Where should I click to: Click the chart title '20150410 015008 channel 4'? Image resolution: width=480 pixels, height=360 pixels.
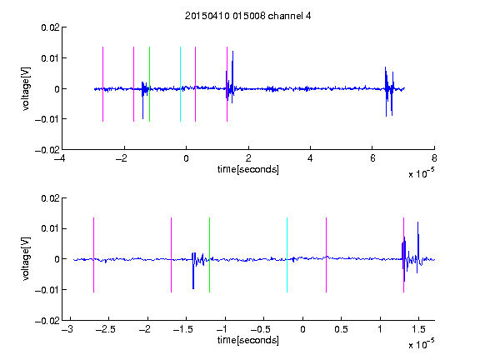pyautogui.click(x=248, y=16)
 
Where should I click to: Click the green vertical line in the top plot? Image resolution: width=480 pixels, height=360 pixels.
pyautogui.click(x=149, y=84)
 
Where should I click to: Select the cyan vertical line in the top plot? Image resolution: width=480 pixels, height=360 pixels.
pyautogui.click(x=180, y=84)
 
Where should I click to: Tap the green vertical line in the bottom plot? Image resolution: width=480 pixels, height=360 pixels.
pyautogui.click(x=209, y=255)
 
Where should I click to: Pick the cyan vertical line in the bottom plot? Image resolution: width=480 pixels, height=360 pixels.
pyautogui.click(x=287, y=255)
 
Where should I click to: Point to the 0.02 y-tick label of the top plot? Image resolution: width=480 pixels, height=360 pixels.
pyautogui.click(x=51, y=27)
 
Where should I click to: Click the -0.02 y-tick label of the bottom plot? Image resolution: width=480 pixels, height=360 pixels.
pyautogui.click(x=47, y=321)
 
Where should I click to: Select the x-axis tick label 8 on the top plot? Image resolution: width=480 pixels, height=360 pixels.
pyautogui.click(x=434, y=158)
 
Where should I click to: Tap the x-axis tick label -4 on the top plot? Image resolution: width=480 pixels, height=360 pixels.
pyautogui.click(x=60, y=158)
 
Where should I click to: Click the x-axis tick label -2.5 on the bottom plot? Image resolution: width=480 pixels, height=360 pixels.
pyautogui.click(x=105, y=329)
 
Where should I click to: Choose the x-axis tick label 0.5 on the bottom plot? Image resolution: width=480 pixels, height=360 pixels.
pyautogui.click(x=341, y=329)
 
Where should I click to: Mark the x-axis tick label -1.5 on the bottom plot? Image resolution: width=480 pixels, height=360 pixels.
pyautogui.click(x=182, y=329)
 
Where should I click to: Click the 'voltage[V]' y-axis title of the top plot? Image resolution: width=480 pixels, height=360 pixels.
pyautogui.click(x=27, y=89)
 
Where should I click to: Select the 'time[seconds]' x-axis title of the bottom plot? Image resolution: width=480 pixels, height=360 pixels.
pyautogui.click(x=248, y=340)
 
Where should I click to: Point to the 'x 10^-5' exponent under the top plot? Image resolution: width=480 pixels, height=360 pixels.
pyautogui.click(x=421, y=173)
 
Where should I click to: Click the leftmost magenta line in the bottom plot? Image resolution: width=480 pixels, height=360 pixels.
pyautogui.click(x=93, y=255)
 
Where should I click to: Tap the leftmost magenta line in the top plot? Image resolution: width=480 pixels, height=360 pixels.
pyautogui.click(x=102, y=84)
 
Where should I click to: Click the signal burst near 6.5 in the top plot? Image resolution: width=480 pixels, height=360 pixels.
pyautogui.click(x=389, y=91)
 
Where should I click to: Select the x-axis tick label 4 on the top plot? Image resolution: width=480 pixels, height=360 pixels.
pyautogui.click(x=310, y=158)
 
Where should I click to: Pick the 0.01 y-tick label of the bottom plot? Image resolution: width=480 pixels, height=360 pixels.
pyautogui.click(x=51, y=228)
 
